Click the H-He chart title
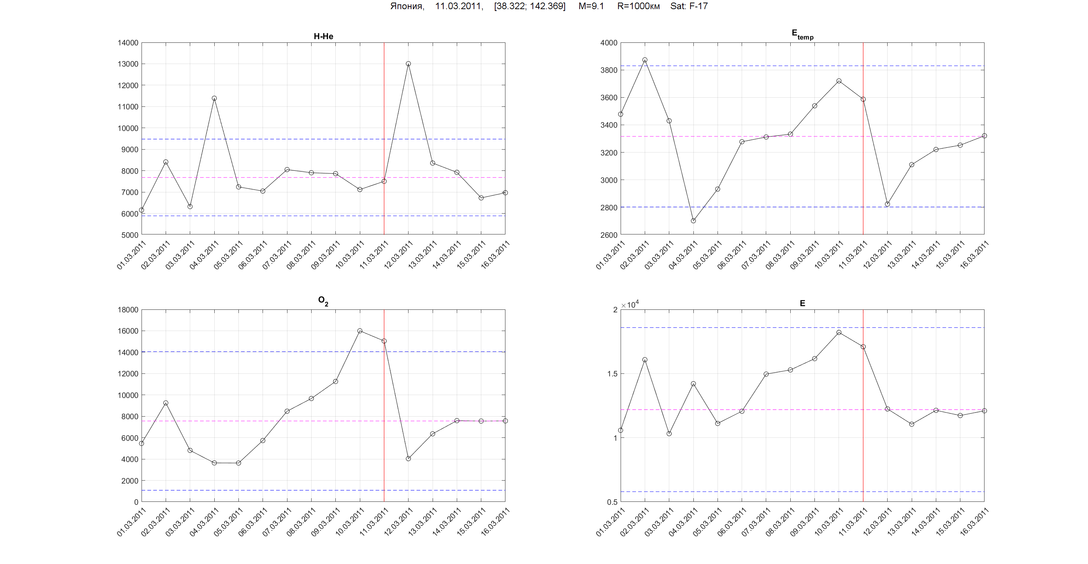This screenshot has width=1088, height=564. coord(323,36)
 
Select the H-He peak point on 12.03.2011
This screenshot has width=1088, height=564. coord(408,64)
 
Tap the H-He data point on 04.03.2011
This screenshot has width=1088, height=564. coord(214,98)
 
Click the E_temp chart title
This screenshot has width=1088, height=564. coord(802,34)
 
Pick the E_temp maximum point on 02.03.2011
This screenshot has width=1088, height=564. coord(644,60)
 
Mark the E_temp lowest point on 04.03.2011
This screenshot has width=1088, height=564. coord(693,221)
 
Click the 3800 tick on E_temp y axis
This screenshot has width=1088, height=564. coord(608,70)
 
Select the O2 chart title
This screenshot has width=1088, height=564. coord(323,301)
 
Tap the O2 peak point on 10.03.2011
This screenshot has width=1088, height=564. coord(360,331)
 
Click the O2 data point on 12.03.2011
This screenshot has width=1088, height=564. coord(408,458)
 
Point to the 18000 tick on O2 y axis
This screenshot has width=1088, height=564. coord(128,310)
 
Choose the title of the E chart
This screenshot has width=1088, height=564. coord(802,303)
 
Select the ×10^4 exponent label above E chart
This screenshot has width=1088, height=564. coord(630,305)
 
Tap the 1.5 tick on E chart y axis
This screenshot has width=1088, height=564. coord(612,374)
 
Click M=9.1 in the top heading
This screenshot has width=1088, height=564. coord(591,6)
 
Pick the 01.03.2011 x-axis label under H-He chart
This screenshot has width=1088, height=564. coord(132,256)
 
